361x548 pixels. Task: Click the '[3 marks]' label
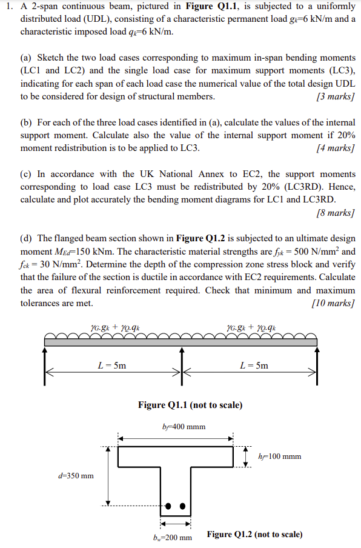tap(335, 97)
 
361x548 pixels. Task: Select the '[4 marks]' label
tap(335, 148)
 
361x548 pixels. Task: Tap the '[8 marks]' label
tap(335, 213)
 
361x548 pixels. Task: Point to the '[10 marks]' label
tap(333, 303)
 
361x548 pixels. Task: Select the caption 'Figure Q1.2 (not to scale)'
tap(254, 534)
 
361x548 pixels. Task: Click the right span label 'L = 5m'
tap(254, 366)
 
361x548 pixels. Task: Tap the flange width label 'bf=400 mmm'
tap(184, 427)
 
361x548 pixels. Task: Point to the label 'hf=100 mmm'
tap(279, 456)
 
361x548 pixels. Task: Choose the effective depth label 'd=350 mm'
tap(76, 475)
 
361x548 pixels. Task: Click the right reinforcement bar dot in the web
tap(182, 506)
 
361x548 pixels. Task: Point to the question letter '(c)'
tap(27, 175)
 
